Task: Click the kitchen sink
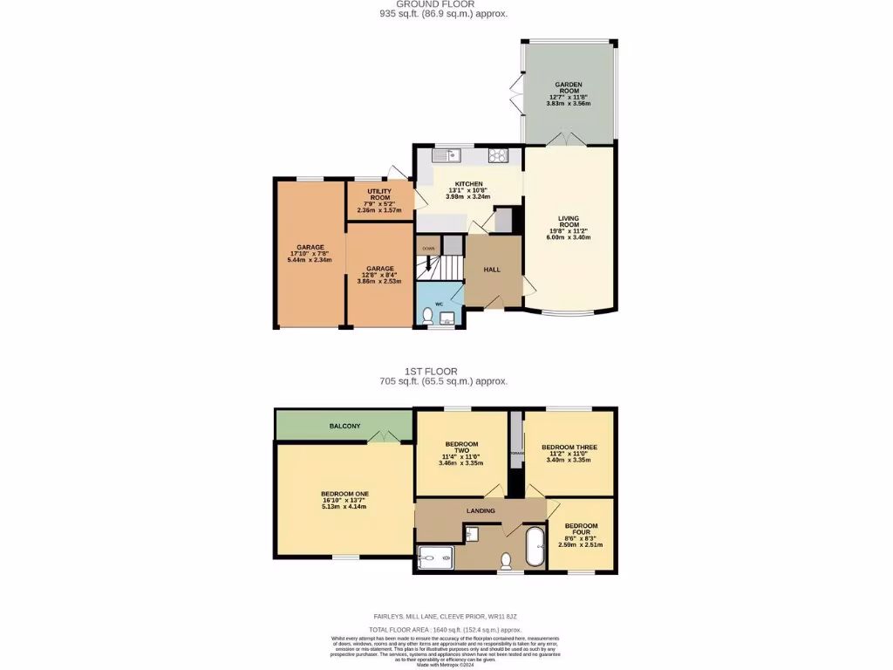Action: click(x=451, y=156)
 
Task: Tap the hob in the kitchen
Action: click(x=500, y=157)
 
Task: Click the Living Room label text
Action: click(x=569, y=222)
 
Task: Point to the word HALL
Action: click(x=492, y=270)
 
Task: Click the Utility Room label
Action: click(x=379, y=195)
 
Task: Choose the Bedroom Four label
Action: click(x=580, y=530)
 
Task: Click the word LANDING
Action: click(x=481, y=510)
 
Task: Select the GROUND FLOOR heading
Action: click(x=443, y=4)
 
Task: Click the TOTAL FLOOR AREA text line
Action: click(x=444, y=629)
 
